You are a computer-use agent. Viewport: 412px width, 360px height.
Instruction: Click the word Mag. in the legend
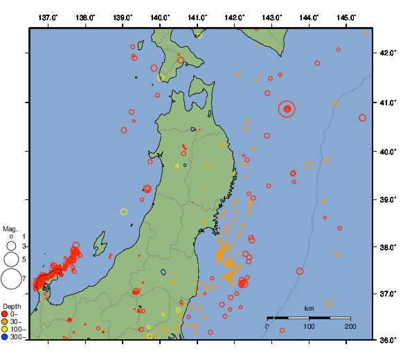(10, 228)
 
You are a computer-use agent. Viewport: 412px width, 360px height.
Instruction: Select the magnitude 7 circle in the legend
(11, 279)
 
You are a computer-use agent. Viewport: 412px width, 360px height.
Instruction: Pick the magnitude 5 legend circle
(11, 260)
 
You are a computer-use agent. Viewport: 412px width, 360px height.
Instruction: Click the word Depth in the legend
(12, 305)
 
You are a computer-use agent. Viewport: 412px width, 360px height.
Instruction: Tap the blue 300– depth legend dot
(5, 338)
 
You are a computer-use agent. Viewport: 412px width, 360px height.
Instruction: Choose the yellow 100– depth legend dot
(5, 330)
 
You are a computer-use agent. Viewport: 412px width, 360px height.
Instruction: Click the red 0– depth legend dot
(5, 314)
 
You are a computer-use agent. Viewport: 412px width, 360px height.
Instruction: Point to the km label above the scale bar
(309, 308)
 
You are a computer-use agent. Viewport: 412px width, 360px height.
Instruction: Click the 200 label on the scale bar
(350, 326)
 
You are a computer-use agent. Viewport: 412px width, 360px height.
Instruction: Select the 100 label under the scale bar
(309, 326)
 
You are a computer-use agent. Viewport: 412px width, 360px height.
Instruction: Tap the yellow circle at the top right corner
(366, 33)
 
